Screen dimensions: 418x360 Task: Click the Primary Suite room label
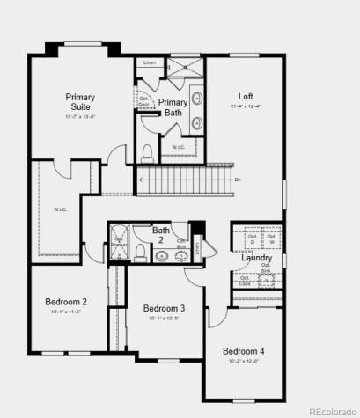(80, 102)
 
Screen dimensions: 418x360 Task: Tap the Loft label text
(246, 96)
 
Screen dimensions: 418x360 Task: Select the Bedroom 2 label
(66, 302)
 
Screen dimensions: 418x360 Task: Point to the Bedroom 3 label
(164, 308)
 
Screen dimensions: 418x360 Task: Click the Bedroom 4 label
(243, 350)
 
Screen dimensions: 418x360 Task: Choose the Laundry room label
(257, 259)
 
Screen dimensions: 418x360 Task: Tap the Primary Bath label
(173, 107)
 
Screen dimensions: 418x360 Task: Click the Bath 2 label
(161, 235)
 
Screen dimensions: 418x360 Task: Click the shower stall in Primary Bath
(183, 70)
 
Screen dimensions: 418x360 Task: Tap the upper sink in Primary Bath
(195, 98)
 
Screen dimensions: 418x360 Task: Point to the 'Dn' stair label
(238, 180)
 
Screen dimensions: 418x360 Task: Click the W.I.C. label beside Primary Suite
(60, 209)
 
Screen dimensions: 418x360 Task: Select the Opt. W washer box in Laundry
(272, 238)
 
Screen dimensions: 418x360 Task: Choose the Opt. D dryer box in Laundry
(252, 238)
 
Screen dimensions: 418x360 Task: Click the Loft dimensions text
(246, 107)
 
